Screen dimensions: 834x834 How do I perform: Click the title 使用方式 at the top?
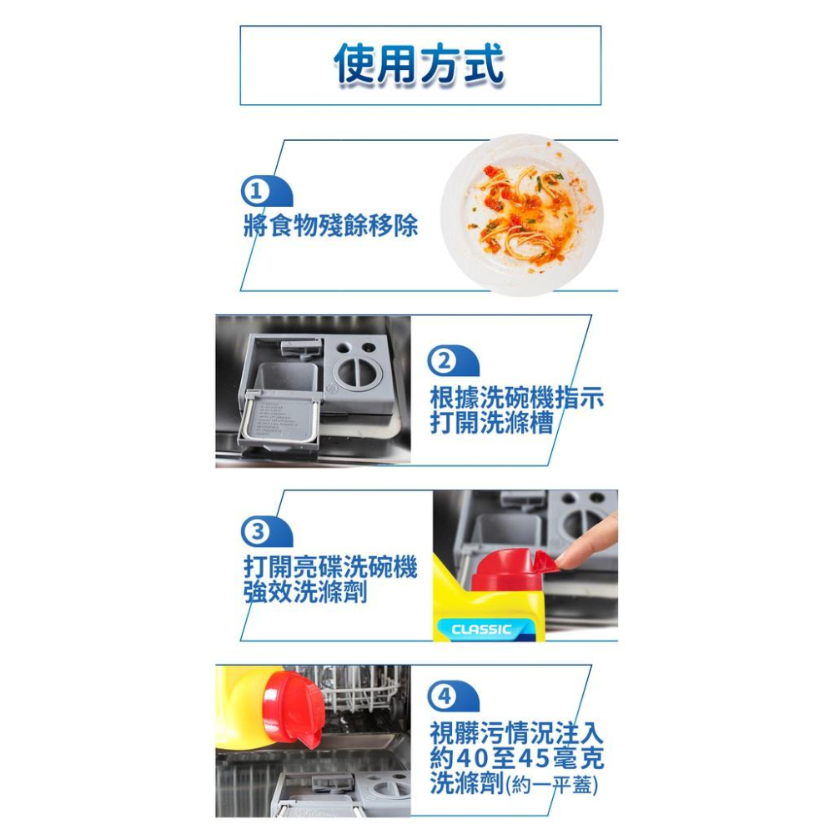[x=420, y=65]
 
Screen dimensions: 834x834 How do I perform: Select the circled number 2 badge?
[x=443, y=361]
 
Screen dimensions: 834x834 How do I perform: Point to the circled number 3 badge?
[x=256, y=531]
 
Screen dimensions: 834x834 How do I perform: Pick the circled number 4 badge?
[x=443, y=697]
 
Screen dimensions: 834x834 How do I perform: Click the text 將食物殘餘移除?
[x=331, y=224]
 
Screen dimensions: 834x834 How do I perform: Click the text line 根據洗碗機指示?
[x=517, y=398]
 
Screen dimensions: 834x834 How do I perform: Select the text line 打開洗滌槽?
[x=492, y=424]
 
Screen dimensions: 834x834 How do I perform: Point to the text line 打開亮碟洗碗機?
[x=330, y=568]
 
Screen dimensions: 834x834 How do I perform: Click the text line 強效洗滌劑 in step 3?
[x=305, y=593]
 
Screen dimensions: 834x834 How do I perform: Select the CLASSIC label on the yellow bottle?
[x=481, y=630]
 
